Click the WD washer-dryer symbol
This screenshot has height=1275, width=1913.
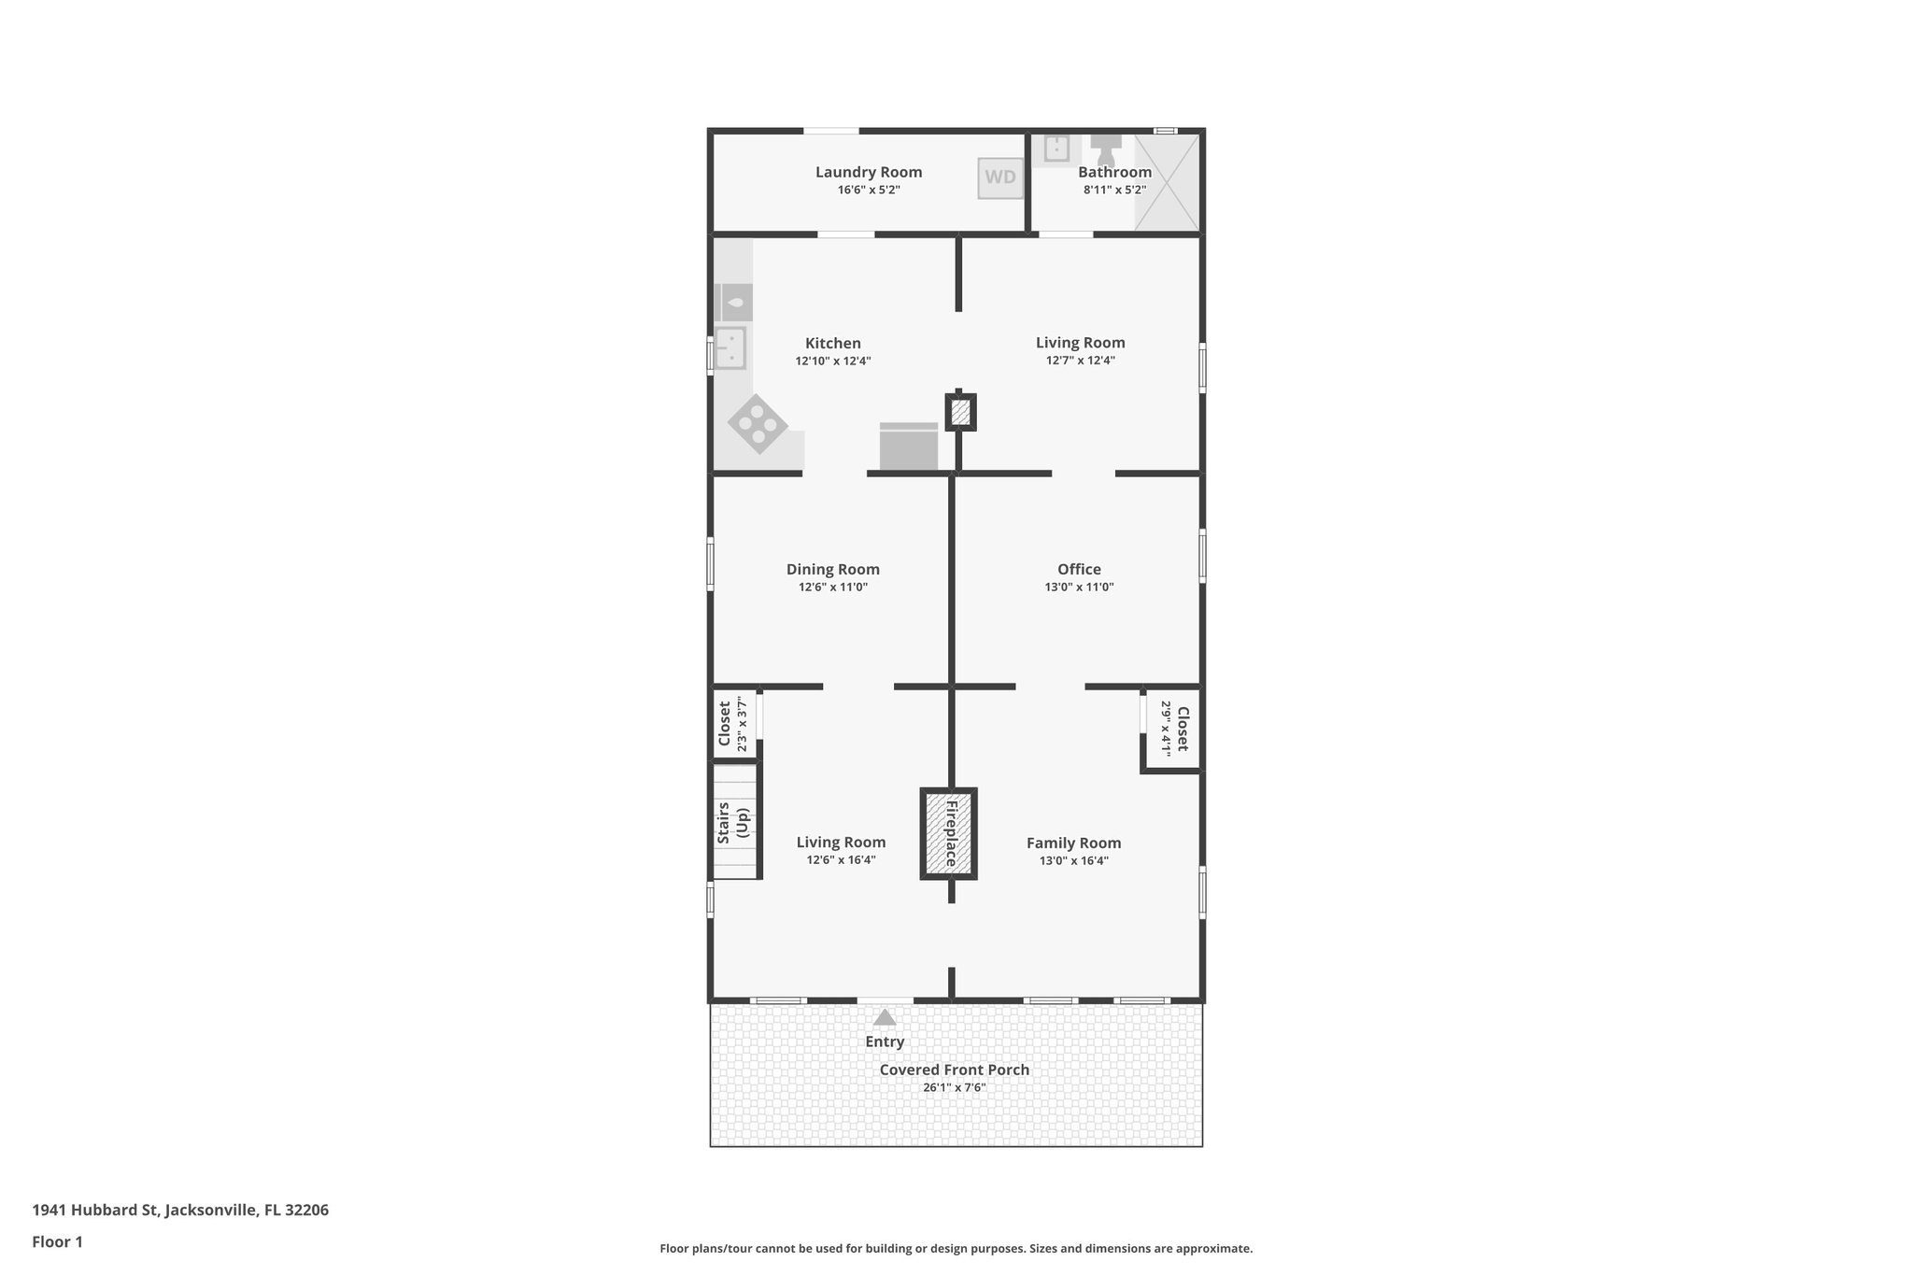coord(999,177)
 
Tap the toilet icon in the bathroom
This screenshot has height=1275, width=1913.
coord(1106,148)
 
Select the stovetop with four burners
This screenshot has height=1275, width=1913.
coord(758,424)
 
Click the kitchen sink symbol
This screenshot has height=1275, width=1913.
coord(730,347)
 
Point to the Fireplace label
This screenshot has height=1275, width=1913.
coord(951,833)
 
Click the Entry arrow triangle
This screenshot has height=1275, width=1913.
coord(885,1017)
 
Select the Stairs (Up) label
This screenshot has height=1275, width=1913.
coord(734,823)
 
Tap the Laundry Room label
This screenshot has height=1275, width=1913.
coord(869,172)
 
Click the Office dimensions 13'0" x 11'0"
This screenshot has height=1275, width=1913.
coord(1079,588)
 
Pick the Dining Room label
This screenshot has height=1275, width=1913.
coord(832,569)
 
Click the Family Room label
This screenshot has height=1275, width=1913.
coord(1073,843)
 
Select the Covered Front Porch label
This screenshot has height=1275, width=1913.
coord(954,1070)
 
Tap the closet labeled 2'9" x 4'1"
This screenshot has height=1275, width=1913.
coord(1173,729)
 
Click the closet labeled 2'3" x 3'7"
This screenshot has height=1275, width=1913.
coord(733,724)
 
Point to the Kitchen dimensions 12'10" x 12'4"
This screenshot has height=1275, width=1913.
coord(832,361)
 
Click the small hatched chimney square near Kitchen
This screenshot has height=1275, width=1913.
coord(960,412)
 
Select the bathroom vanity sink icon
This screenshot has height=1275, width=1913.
coord(1056,148)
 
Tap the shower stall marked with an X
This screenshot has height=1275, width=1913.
coord(1167,182)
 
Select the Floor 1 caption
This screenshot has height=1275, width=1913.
coord(58,1241)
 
